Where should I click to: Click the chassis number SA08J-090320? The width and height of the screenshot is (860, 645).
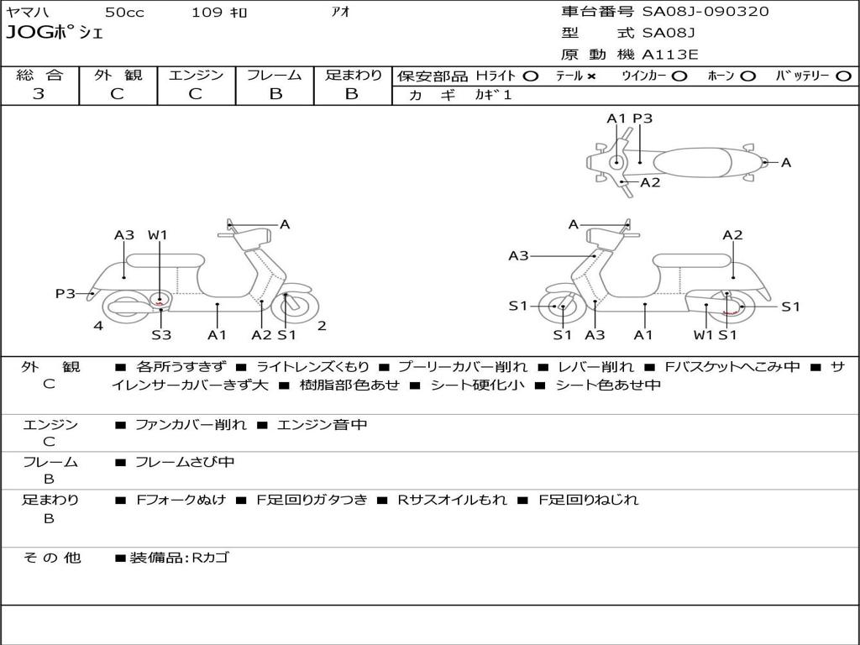pyautogui.click(x=705, y=12)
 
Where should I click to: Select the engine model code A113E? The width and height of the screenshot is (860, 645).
pyautogui.click(x=670, y=55)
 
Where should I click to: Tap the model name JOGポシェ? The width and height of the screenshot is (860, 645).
pyautogui.click(x=55, y=34)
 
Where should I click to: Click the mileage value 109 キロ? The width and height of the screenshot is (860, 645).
pyautogui.click(x=219, y=13)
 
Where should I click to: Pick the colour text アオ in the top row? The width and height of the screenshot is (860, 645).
pyautogui.click(x=340, y=13)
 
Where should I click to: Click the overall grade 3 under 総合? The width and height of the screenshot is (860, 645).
pyautogui.click(x=39, y=94)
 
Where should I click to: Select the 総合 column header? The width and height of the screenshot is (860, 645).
pyautogui.click(x=39, y=75)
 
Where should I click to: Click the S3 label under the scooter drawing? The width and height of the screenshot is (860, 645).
pyautogui.click(x=161, y=335)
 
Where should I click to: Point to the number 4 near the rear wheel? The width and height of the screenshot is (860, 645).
pyautogui.click(x=98, y=326)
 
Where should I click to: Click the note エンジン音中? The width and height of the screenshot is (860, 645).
pyautogui.click(x=322, y=425)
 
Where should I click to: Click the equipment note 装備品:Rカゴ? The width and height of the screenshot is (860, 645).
pyautogui.click(x=179, y=558)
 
